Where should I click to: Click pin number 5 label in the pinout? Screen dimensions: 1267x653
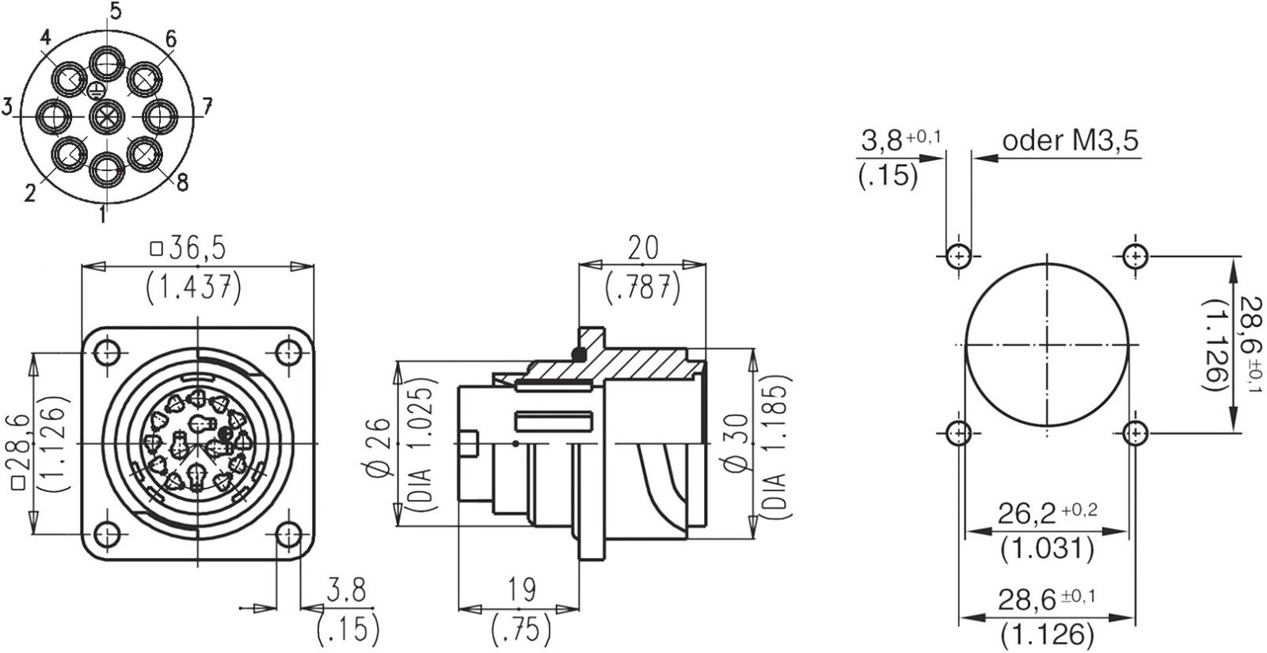(116, 11)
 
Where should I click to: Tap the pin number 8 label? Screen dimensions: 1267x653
(182, 182)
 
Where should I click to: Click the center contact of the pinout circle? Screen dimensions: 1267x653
(107, 116)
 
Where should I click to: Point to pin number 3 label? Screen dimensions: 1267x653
(7, 106)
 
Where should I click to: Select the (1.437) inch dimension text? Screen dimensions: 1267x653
(193, 288)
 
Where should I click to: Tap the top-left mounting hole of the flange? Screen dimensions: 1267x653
(107, 353)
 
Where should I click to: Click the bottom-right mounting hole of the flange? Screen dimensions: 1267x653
(289, 533)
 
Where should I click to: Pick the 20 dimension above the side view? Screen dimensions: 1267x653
(643, 248)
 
